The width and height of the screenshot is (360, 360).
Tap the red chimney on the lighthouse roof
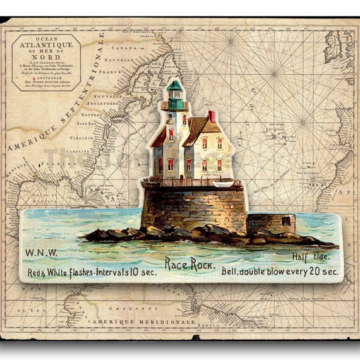212,116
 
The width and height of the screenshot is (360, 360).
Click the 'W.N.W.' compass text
41,253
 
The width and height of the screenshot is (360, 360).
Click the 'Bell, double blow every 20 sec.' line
280,272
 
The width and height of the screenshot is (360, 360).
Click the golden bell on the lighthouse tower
169,118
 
